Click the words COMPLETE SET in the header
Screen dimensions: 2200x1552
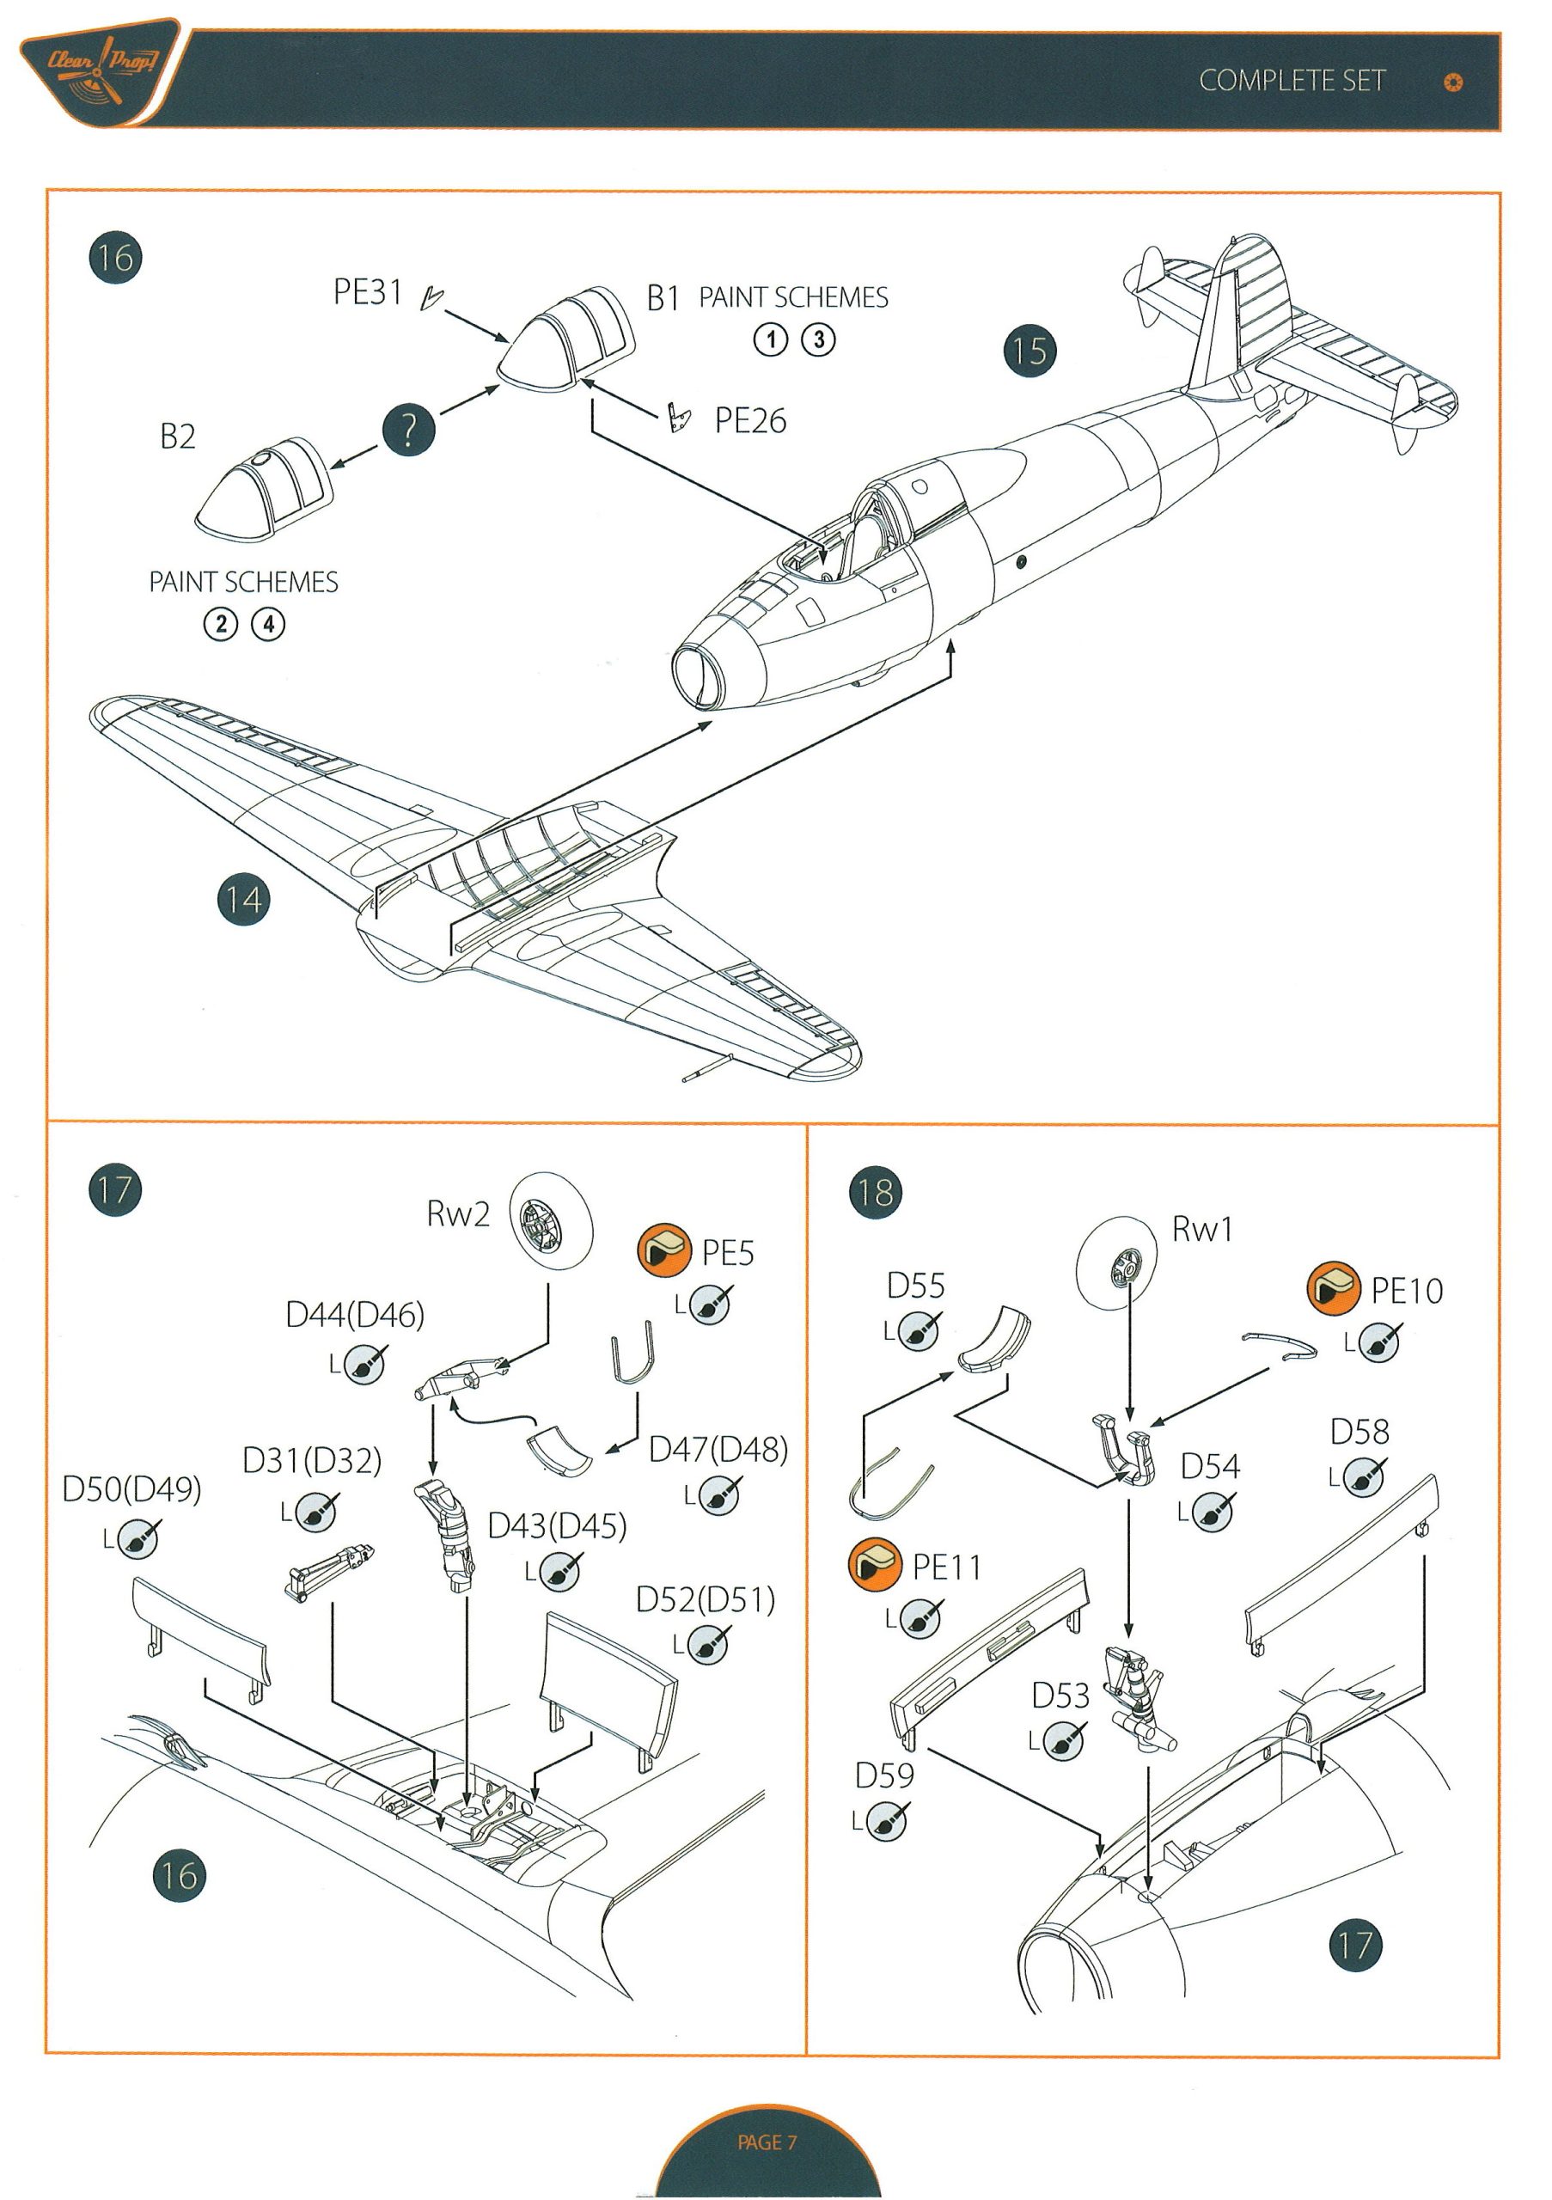[x=1292, y=81]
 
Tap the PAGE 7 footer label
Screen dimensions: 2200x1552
[x=767, y=2142]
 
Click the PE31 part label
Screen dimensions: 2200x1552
[x=367, y=291]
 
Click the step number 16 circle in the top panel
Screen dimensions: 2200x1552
[x=115, y=257]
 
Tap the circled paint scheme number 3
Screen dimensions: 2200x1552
[x=818, y=339]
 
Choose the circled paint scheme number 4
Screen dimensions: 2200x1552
[x=268, y=625]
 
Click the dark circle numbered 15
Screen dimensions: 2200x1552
[x=1029, y=350]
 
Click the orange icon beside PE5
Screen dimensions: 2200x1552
[x=664, y=1250]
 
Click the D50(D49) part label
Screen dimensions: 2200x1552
[x=131, y=1488]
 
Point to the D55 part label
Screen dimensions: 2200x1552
[x=915, y=1285]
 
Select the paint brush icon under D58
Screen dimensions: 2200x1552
[x=1363, y=1476]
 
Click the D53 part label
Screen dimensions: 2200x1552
[x=1060, y=1695]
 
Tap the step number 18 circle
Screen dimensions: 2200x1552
[x=875, y=1192]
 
